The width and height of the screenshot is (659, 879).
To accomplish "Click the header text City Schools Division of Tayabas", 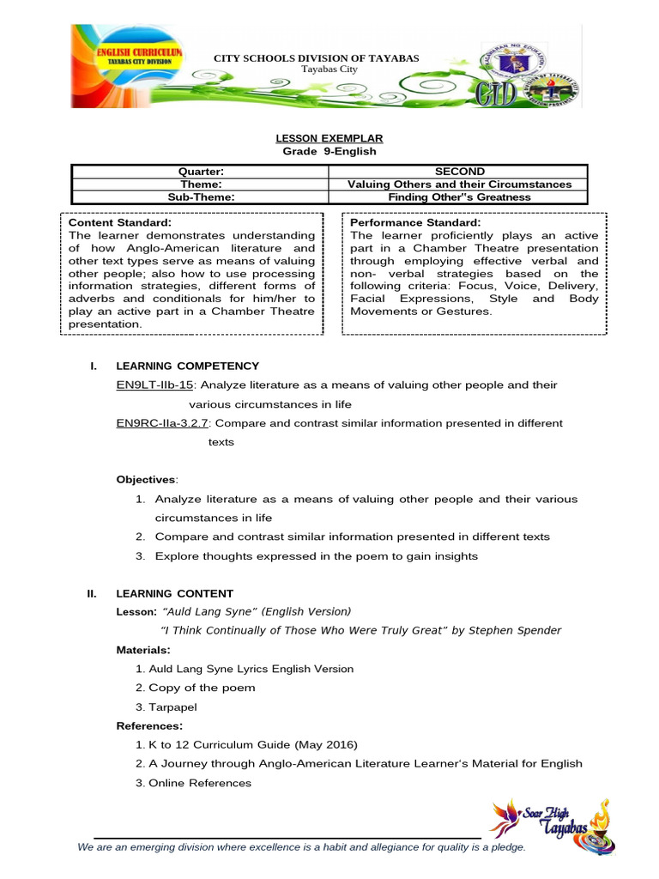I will (x=317, y=58).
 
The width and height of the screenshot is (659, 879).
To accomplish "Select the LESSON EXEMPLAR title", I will (x=329, y=138).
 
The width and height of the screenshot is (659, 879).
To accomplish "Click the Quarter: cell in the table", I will (x=200, y=172).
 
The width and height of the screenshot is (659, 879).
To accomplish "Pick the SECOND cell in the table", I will (x=459, y=172).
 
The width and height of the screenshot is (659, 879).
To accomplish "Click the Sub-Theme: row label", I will (x=200, y=197).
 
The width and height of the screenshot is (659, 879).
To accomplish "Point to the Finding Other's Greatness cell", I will (x=459, y=197).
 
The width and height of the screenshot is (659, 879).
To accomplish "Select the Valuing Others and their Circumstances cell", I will (x=459, y=185).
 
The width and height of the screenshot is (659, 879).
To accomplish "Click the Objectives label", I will (x=146, y=479).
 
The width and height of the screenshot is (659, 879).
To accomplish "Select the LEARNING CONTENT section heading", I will (x=174, y=593).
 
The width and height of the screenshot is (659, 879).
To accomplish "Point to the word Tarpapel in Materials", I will (x=172, y=706).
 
